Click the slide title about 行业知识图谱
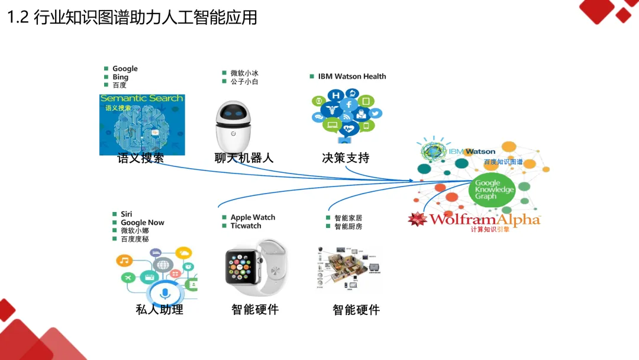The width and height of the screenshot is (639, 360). [x=133, y=17]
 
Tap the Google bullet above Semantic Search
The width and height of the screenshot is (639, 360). [x=125, y=69]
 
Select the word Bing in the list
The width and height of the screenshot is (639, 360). [x=120, y=77]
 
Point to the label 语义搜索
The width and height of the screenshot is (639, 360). [x=141, y=158]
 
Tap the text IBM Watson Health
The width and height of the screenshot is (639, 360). [x=351, y=76]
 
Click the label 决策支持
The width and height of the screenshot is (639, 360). [x=346, y=158]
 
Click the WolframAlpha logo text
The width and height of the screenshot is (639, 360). [x=485, y=220]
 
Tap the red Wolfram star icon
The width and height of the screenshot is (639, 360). [x=418, y=219]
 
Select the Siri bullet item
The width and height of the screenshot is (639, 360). [x=127, y=214]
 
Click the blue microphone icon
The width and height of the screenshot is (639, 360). [x=165, y=292]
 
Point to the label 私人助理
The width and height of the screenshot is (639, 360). [x=159, y=309]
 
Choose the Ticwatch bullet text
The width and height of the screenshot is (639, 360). [x=246, y=226]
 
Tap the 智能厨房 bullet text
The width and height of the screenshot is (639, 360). [x=348, y=227]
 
